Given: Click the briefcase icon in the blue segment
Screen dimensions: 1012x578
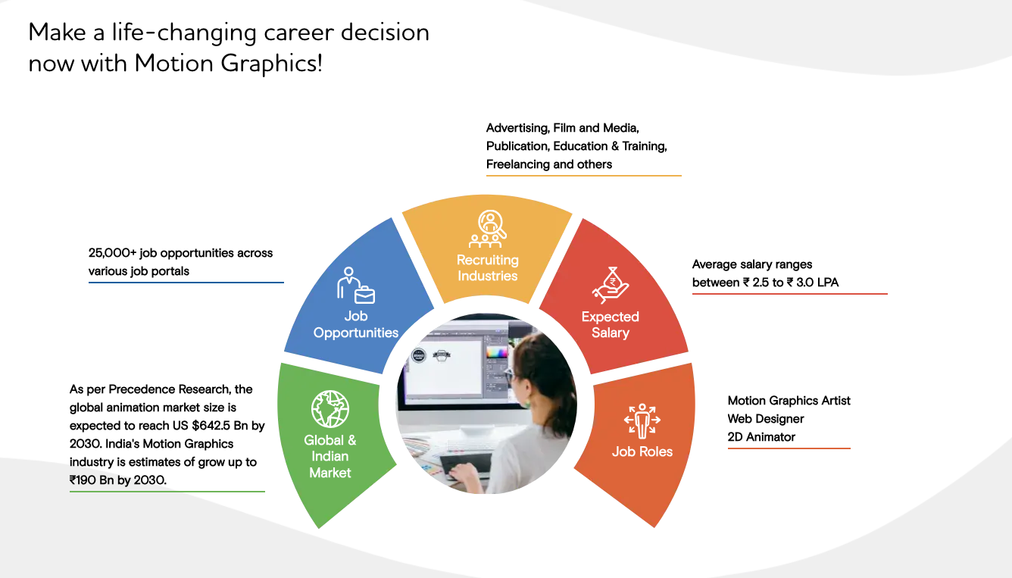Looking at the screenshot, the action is [364, 295].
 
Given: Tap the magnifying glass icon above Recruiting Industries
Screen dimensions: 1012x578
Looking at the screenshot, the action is [492, 224].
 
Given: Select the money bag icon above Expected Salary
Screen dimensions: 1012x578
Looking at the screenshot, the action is [611, 285].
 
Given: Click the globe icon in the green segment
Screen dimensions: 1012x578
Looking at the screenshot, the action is [330, 409].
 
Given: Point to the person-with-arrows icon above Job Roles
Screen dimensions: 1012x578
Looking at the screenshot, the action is [642, 421].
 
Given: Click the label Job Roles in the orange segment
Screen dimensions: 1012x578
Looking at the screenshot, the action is [642, 451].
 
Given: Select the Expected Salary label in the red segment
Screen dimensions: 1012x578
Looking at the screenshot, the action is [611, 324].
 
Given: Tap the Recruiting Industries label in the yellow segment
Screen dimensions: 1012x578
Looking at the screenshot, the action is [488, 267].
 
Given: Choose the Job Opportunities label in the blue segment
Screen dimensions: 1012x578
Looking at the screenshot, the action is [356, 324].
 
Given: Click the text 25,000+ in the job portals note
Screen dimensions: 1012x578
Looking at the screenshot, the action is [112, 252].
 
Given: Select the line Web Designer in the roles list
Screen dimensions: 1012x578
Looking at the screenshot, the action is [765, 419].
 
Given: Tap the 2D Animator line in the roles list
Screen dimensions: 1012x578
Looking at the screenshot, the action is [761, 437].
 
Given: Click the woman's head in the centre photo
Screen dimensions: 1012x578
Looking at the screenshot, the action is [538, 361].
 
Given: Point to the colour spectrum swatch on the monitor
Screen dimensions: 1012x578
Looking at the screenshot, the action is [496, 352].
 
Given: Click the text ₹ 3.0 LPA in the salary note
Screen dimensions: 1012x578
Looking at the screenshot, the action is [812, 283].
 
